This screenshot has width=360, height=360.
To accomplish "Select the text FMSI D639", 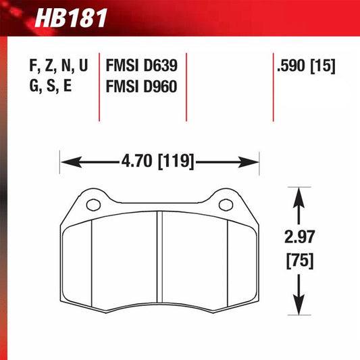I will (141, 67).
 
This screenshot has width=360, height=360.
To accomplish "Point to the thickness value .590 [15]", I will (306, 67).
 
